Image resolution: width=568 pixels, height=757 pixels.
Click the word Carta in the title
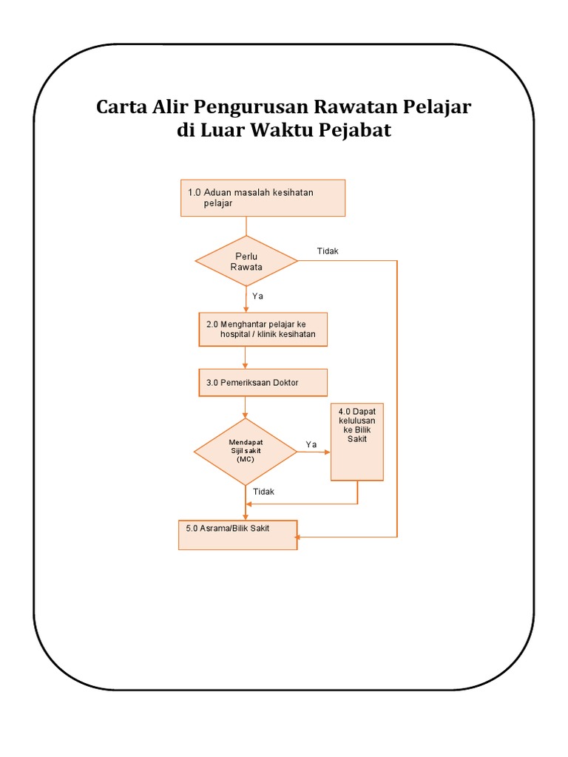tap(121, 107)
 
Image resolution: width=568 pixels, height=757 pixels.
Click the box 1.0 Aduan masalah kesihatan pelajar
tap(263, 198)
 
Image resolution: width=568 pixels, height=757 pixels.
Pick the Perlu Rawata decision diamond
tap(246, 261)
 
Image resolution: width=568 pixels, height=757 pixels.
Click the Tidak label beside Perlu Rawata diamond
tap(328, 251)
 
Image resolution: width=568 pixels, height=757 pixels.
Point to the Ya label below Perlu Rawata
tap(258, 296)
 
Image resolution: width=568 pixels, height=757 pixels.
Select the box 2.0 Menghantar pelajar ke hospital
tap(263, 329)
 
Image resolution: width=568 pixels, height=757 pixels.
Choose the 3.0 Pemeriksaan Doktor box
tap(263, 382)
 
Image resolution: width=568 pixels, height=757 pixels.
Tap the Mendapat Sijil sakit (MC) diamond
tap(245, 451)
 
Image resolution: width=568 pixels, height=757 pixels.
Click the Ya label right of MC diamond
tap(311, 444)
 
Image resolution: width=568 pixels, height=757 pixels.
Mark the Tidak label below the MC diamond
tap(263, 492)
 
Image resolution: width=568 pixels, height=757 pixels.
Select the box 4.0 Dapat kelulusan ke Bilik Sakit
tap(357, 441)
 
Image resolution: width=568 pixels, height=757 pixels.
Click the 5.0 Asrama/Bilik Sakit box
tap(237, 534)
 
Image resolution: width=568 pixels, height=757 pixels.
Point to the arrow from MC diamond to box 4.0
tap(314, 452)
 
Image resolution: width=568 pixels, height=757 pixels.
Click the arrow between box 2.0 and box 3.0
tap(246, 358)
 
